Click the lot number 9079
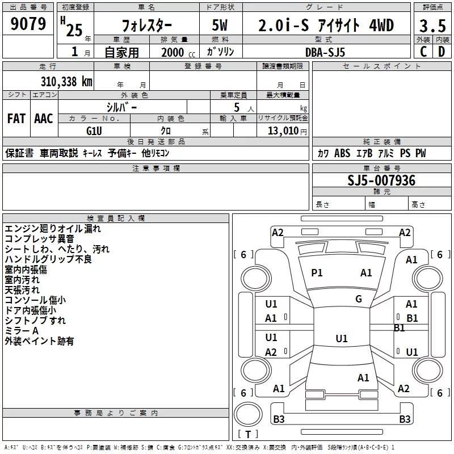point(28,24)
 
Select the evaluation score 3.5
point(432,26)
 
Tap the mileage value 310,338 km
point(66,81)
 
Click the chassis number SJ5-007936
point(381,180)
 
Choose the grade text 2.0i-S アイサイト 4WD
point(326,26)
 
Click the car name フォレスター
point(146,26)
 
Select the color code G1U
point(94,130)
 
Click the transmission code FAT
point(16,119)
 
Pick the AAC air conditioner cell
point(44,119)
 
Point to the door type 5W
point(221,26)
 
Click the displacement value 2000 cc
point(173,52)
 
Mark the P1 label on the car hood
point(317,273)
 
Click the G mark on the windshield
point(359,299)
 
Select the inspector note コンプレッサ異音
point(39,239)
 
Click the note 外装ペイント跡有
point(39,341)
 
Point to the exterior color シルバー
point(121,107)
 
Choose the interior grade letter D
point(442,52)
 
